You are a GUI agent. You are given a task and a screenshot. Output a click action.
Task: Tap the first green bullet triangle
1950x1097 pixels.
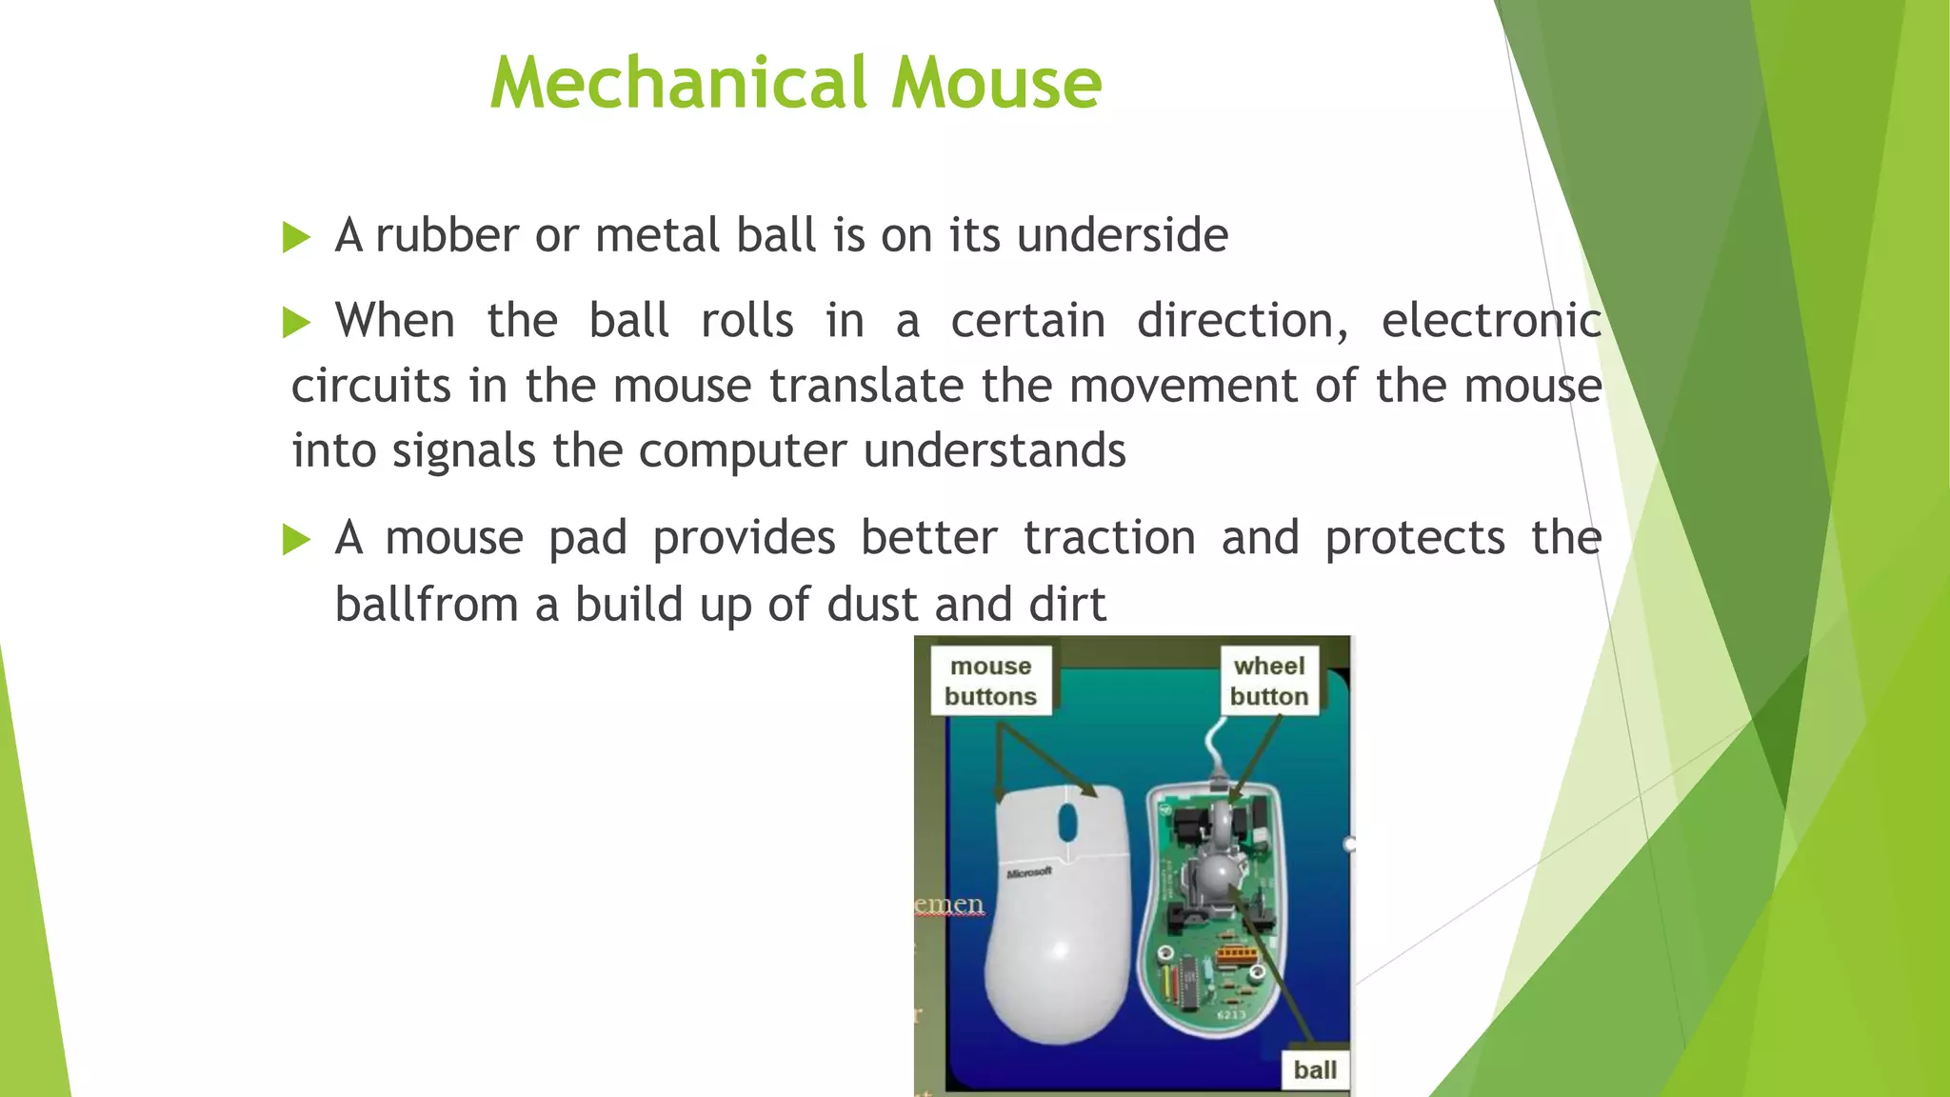pyautogui.click(x=296, y=237)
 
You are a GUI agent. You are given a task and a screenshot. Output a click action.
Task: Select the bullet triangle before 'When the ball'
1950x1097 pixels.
pyautogui.click(x=296, y=323)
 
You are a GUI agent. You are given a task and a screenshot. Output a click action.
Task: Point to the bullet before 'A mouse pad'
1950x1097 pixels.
pyautogui.click(x=296, y=540)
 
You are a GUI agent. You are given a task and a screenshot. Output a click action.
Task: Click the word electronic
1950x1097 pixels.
pyautogui.click(x=1491, y=321)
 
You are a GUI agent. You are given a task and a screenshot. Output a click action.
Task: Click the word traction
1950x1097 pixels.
pyautogui.click(x=1109, y=538)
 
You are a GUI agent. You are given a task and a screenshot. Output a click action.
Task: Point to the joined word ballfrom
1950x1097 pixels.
pyautogui.click(x=426, y=605)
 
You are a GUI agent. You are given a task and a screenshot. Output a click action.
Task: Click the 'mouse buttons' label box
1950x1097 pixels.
pyautogui.click(x=990, y=681)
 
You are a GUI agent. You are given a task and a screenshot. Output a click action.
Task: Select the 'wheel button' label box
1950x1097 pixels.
pyautogui.click(x=1268, y=681)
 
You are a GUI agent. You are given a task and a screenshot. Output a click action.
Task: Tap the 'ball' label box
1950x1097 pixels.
pyautogui.click(x=1314, y=1070)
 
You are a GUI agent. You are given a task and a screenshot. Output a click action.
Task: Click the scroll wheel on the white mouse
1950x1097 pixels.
pyautogui.click(x=1067, y=821)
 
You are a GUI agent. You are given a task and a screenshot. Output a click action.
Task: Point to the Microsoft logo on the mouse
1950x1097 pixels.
pyautogui.click(x=1029, y=872)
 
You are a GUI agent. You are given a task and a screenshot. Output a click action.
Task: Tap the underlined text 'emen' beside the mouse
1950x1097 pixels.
pyautogui.click(x=948, y=904)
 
